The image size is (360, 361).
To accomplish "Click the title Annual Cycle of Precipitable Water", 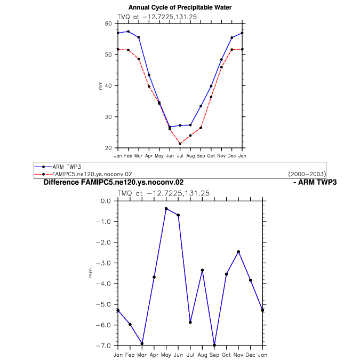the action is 180,7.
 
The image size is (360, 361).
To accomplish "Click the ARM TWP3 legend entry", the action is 67,167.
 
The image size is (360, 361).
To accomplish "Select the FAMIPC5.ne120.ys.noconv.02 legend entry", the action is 92,174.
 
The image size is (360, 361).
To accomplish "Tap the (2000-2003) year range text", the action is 307,174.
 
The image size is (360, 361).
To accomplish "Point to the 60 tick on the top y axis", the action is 108,23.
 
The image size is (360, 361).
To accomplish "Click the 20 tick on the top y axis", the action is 108,148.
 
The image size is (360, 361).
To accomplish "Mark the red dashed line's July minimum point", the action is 180,144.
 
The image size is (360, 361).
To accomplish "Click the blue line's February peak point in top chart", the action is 129,32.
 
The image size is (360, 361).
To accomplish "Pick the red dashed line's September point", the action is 201,128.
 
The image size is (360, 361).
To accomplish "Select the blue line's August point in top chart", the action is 190,125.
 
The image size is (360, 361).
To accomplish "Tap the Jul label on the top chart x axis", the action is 180,156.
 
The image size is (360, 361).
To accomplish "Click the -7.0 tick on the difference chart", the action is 103,346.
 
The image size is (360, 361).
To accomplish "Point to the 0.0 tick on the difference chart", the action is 106,201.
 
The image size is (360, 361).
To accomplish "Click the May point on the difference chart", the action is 166,209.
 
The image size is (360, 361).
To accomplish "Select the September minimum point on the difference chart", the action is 214,345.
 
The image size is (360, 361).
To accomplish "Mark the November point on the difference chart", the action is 238,252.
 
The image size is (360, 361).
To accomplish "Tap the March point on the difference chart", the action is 142,343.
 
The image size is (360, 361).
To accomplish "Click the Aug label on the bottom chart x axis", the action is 202,355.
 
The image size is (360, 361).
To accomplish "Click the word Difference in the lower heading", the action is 61,182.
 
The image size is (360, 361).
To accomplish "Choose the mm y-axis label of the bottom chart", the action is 91,273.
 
